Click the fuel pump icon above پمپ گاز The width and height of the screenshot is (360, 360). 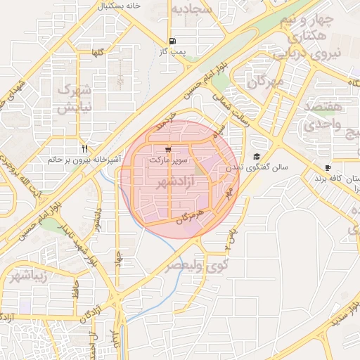[173, 41]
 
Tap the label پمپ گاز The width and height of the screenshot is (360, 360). [172, 53]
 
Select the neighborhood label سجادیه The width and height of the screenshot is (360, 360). [193, 10]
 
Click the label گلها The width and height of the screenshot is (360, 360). [97, 53]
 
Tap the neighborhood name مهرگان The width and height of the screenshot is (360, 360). [264, 82]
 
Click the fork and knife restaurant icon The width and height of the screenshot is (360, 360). [84, 148]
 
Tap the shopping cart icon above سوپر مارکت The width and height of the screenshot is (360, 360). [168, 150]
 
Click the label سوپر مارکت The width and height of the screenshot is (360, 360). [168, 161]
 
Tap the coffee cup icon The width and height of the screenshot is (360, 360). [328, 167]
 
